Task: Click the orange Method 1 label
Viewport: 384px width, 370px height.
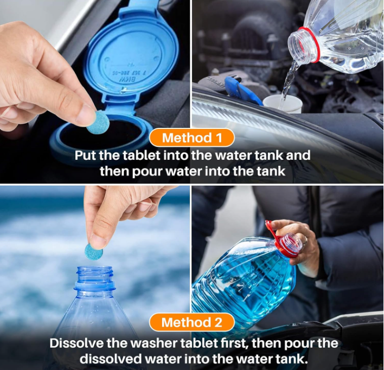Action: click(192, 138)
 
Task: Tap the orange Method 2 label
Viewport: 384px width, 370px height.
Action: click(192, 322)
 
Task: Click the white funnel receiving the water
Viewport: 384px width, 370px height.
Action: click(281, 104)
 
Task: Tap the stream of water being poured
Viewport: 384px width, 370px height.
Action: click(289, 81)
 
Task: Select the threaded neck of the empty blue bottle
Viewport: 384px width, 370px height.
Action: click(94, 274)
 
